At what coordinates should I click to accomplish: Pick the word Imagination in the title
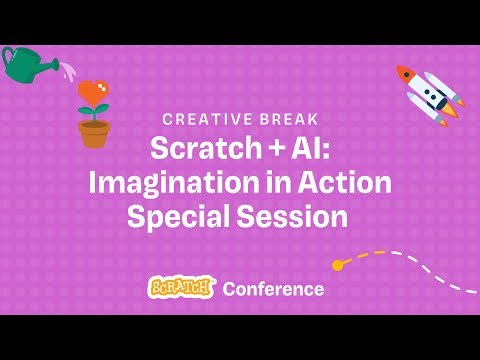click(167, 183)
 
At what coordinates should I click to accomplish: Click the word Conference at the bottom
click(273, 289)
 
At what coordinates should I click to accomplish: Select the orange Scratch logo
click(181, 288)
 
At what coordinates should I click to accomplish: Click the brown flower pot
click(94, 134)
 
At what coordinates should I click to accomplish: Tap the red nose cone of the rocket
click(402, 73)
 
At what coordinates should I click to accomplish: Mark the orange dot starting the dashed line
click(338, 265)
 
